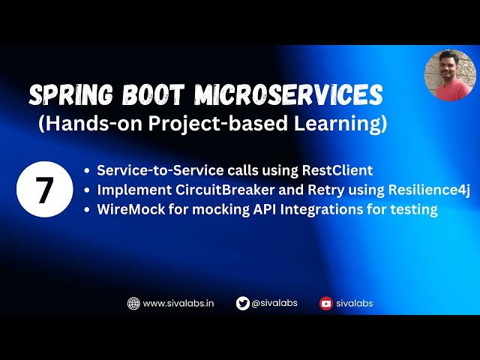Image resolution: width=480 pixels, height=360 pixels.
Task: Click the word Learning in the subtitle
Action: pos(347,124)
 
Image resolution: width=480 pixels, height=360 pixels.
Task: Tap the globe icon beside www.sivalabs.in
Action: pos(133,303)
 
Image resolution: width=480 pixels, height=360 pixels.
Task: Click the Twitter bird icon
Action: pos(242,303)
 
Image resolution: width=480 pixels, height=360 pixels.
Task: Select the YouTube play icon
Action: pos(325,303)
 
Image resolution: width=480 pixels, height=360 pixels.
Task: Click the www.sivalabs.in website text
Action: pos(178,303)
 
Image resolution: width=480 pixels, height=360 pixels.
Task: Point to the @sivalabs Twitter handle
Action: pos(274,303)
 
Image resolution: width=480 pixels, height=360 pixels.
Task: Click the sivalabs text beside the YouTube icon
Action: pos(355,303)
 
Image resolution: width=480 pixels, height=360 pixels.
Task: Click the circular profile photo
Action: pos(450,75)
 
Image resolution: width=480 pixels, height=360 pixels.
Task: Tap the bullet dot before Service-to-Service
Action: pos(90,171)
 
